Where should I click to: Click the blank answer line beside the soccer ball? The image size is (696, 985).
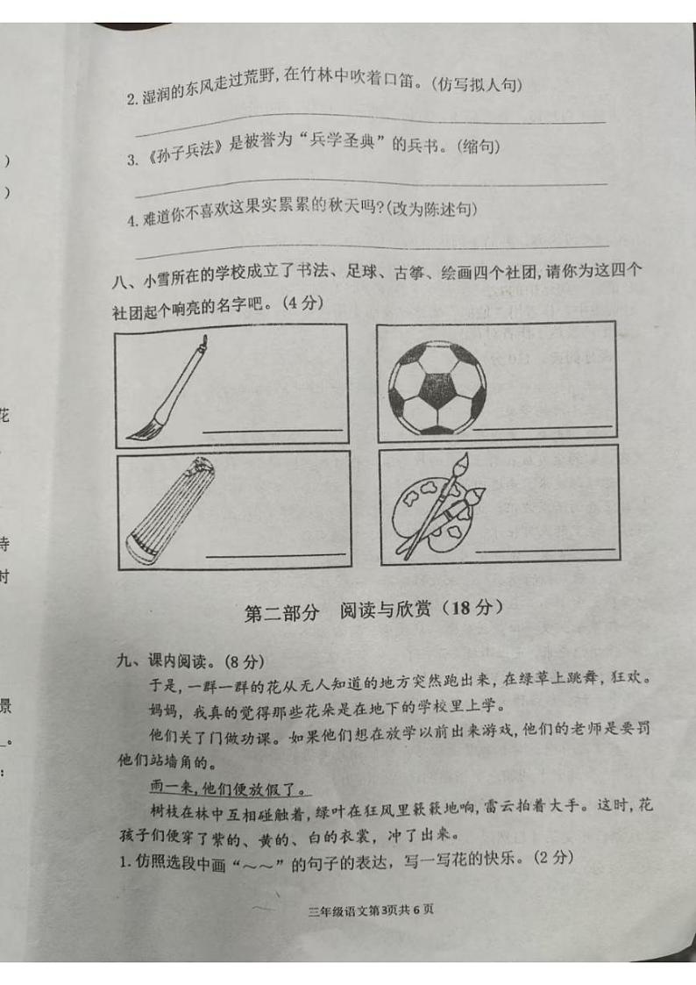542,427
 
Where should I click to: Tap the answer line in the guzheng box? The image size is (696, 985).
275,554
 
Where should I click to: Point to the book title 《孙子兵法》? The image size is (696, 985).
184,148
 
